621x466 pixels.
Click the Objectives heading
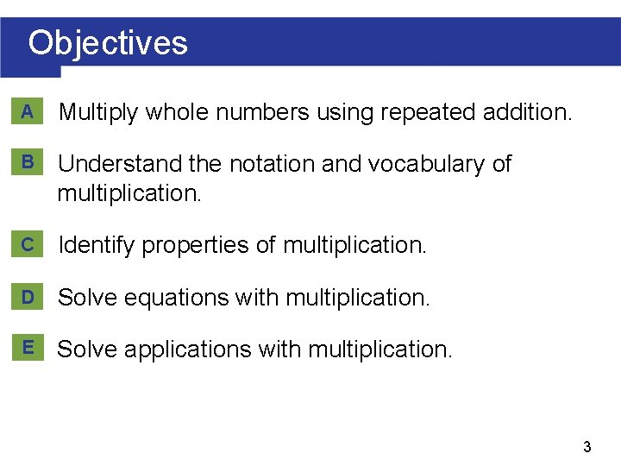pyautogui.click(x=108, y=42)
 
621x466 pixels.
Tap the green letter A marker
pyautogui.click(x=28, y=111)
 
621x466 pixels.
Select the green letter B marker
pyautogui.click(x=28, y=162)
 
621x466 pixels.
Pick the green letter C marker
pyautogui.click(x=28, y=245)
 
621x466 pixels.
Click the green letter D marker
pyautogui.click(x=28, y=297)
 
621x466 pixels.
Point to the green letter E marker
pyautogui.click(x=28, y=348)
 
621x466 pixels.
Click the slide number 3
pyautogui.click(x=586, y=447)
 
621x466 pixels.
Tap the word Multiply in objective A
pyautogui.click(x=97, y=112)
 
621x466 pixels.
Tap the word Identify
pyautogui.click(x=96, y=246)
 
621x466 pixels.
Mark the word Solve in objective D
pyautogui.click(x=87, y=298)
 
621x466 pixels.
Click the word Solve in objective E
pyautogui.click(x=87, y=349)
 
